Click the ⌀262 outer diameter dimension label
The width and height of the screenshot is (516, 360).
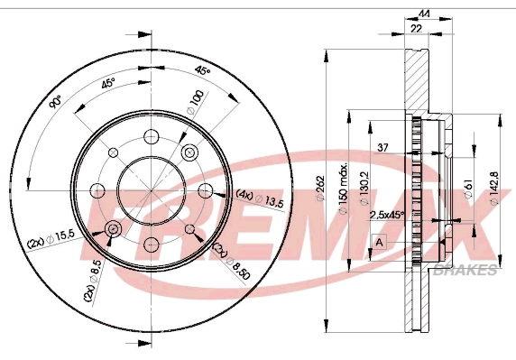[320, 189]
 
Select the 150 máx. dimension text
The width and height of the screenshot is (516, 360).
[343, 188]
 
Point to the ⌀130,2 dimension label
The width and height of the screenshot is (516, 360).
[364, 189]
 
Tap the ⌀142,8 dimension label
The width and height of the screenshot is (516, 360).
[494, 189]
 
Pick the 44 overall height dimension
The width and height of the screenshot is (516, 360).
[424, 14]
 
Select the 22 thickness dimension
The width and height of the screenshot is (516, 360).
[416, 29]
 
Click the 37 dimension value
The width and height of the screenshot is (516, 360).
[382, 147]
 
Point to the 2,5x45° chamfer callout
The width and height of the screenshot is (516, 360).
[387, 215]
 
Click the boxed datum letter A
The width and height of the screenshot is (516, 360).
[380, 243]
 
